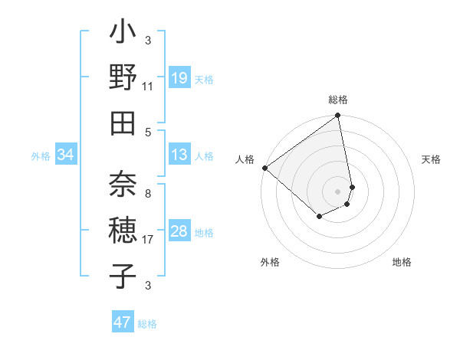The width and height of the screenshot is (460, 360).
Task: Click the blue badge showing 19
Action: click(179, 77)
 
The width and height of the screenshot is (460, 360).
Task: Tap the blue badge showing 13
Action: click(179, 155)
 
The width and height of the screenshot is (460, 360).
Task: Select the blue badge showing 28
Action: click(179, 231)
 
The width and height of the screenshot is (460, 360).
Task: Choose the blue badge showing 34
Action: click(66, 155)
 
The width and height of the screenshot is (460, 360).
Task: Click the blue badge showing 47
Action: click(123, 322)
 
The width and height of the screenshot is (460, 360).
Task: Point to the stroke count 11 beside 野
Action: click(148, 86)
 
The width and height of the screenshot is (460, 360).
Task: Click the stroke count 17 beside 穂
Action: click(148, 240)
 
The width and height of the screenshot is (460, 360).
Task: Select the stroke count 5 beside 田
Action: click(148, 131)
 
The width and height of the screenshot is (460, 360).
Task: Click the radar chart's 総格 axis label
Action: click(337, 100)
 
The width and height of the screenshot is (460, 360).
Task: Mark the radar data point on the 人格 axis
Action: click(264, 168)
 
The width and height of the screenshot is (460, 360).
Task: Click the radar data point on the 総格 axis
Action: click(337, 116)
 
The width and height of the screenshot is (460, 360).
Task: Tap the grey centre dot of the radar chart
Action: click(337, 191)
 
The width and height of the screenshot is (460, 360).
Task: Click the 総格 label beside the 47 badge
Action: click(147, 324)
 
